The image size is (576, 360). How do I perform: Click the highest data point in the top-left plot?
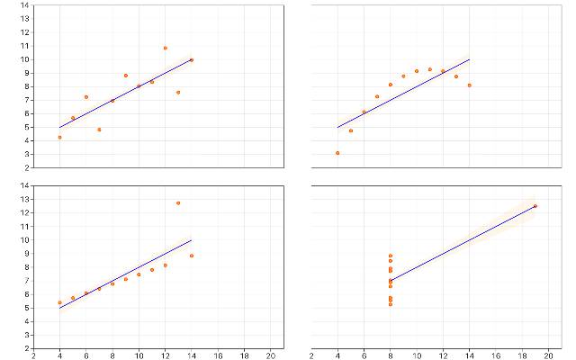coord(166,48)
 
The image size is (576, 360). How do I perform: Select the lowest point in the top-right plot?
coord(337,153)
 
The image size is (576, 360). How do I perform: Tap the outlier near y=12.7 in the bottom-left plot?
coord(178,202)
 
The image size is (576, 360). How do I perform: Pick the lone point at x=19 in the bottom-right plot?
coord(535,206)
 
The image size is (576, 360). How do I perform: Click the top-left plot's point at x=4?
coord(60,138)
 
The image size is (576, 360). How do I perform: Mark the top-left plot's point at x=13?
coord(178,93)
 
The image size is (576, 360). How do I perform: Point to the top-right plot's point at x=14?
coord(470,85)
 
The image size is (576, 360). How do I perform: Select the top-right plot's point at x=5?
coord(351,130)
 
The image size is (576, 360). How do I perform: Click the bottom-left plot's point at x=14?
coord(192,256)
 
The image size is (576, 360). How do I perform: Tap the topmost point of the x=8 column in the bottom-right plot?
coord(390,256)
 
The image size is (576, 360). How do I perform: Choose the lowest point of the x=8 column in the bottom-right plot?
coord(390,304)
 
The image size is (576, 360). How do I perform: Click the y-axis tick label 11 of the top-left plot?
coord(24,46)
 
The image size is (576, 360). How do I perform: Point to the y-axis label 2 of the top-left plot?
coord(27,168)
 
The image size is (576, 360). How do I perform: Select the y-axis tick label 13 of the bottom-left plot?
coord(24,199)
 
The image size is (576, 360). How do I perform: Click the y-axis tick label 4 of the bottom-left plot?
coord(27,321)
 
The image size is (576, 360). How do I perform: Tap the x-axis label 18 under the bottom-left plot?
coord(244,355)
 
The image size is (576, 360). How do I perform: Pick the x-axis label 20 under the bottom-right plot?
coord(548,355)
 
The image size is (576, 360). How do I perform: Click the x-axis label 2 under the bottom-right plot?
coord(311,355)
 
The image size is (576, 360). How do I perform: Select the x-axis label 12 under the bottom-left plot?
coord(166,355)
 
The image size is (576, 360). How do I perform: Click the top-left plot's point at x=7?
coord(99,130)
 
